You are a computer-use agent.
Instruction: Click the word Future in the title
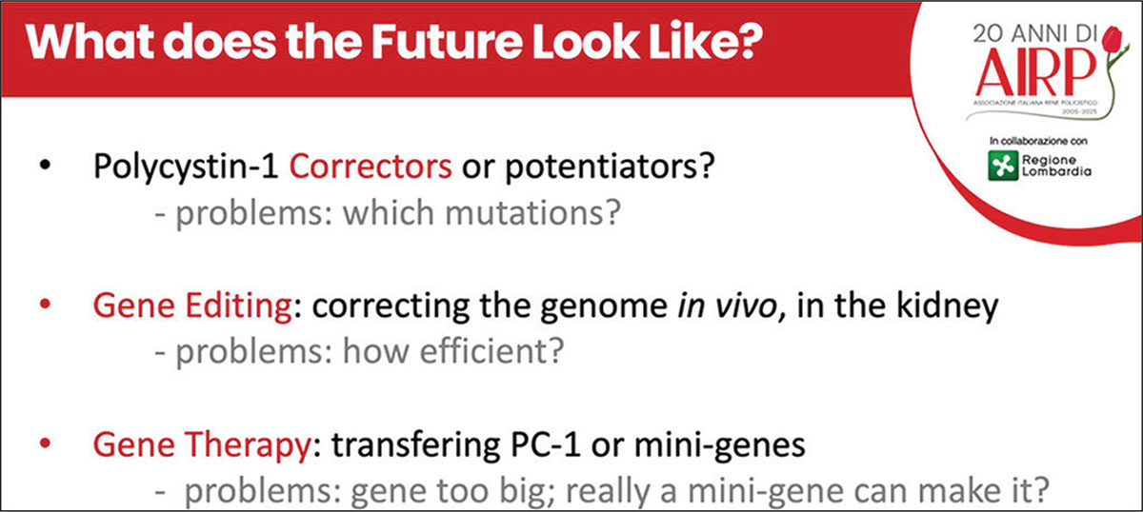[446, 41]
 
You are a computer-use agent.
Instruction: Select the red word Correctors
[371, 167]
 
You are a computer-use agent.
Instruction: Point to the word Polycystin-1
[186, 167]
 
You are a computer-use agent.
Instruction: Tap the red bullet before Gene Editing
[45, 304]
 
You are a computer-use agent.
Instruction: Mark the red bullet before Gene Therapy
[45, 443]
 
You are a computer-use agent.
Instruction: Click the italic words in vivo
[727, 306]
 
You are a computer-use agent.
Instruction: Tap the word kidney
[948, 306]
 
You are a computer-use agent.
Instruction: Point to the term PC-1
[546, 445]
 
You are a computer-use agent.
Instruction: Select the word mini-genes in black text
[719, 445]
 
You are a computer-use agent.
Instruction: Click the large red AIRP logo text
[1036, 70]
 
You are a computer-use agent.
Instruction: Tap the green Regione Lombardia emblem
[1003, 166]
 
